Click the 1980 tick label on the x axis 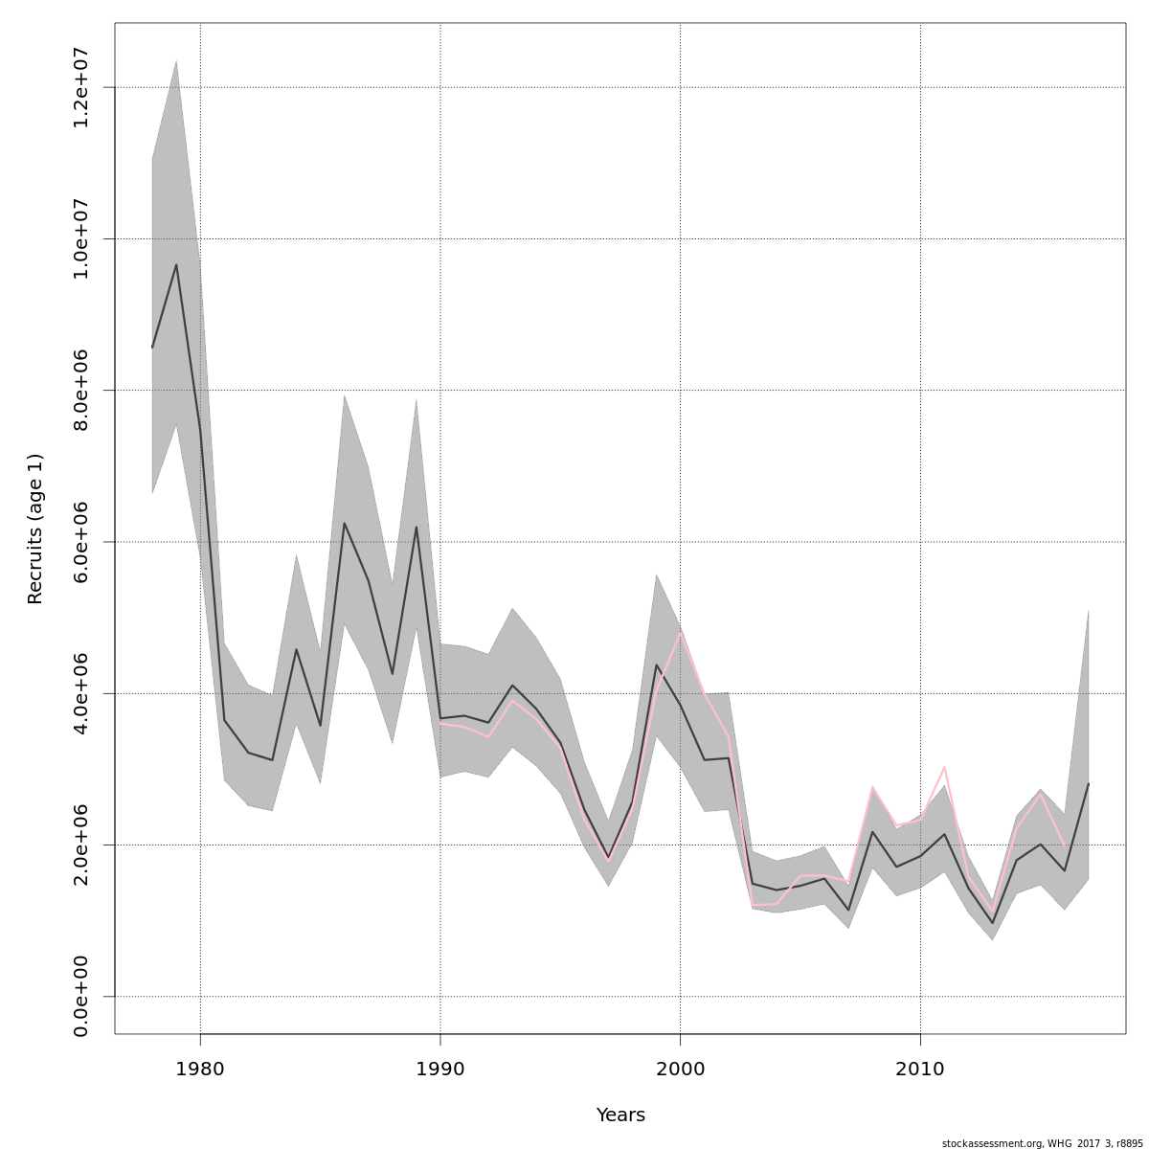coord(200,1067)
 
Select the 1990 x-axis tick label coord(440,1067)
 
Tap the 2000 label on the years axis coord(681,1067)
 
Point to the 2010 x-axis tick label coord(920,1067)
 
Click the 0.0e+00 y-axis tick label coord(81,996)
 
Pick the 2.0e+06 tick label coord(81,845)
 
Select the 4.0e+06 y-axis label coord(81,693)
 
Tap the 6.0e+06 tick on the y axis coord(81,541)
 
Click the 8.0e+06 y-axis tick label coord(81,390)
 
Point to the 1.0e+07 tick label coord(81,238)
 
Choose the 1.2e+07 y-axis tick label coord(81,87)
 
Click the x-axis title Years coord(620,1115)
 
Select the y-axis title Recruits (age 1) coord(35,529)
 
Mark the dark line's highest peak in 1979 coord(176,265)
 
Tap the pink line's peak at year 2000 coord(681,632)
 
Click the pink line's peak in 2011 coord(944,767)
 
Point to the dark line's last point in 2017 coord(1088,784)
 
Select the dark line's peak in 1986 coord(344,523)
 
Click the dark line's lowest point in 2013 coord(993,923)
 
